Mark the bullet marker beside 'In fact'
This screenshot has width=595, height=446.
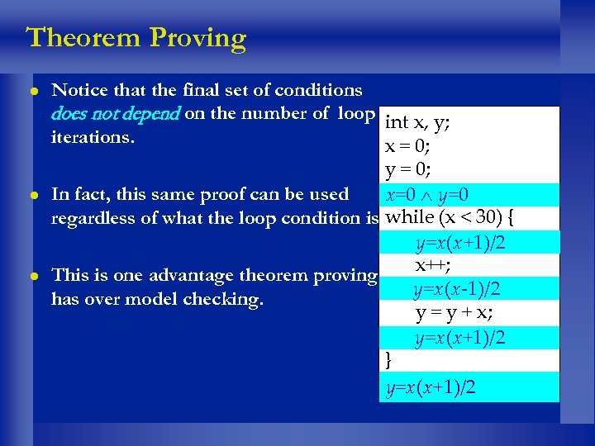(32, 196)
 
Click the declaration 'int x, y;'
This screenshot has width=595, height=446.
(417, 123)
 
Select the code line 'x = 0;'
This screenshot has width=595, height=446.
(407, 147)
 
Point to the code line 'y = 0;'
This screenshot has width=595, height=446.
(407, 171)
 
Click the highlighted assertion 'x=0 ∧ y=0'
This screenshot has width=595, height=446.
(428, 195)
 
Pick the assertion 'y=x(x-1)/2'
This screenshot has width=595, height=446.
(459, 290)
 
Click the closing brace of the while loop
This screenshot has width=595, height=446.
(389, 360)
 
